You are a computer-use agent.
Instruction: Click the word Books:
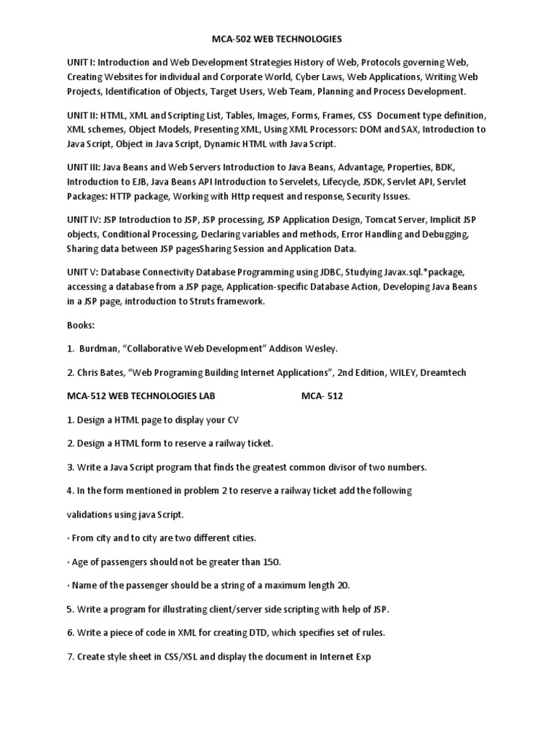[x=82, y=325]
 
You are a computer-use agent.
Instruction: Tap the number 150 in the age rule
[x=271, y=561]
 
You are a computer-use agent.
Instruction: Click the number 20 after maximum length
[x=344, y=585]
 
